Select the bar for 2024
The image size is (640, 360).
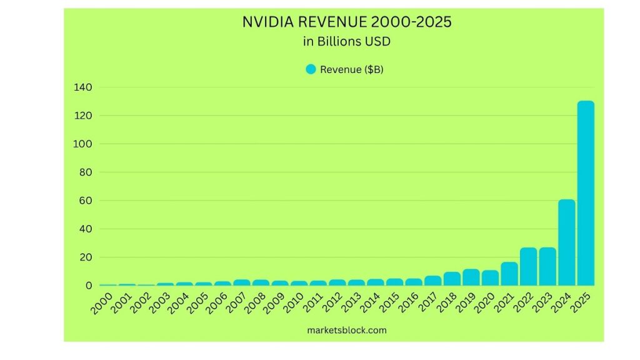[566, 242]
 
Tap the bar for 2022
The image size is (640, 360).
[528, 266]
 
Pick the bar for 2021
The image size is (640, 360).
[509, 274]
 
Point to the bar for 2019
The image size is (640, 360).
[471, 277]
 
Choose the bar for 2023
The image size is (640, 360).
[547, 266]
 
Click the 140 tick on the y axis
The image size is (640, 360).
[82, 87]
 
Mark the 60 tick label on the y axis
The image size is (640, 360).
[86, 201]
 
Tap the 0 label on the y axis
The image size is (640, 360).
[89, 286]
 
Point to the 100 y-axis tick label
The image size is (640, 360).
[82, 144]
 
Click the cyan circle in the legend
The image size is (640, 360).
[311, 69]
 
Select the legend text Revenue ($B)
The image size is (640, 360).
[351, 69]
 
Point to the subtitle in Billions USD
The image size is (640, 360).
[346, 42]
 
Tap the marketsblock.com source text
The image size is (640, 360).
[346, 330]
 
